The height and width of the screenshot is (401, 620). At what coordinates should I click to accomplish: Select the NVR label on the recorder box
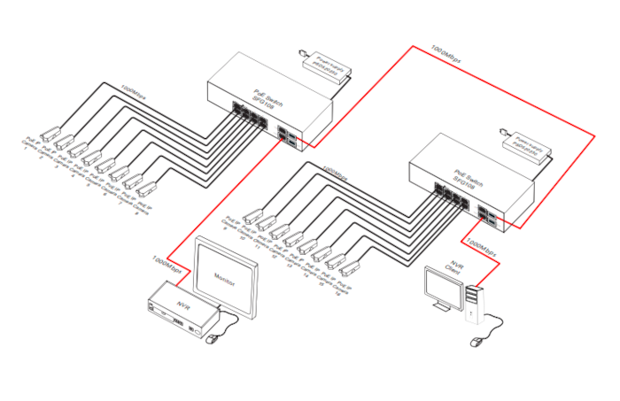(184, 305)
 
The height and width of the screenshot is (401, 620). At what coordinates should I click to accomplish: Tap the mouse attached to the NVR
(211, 337)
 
